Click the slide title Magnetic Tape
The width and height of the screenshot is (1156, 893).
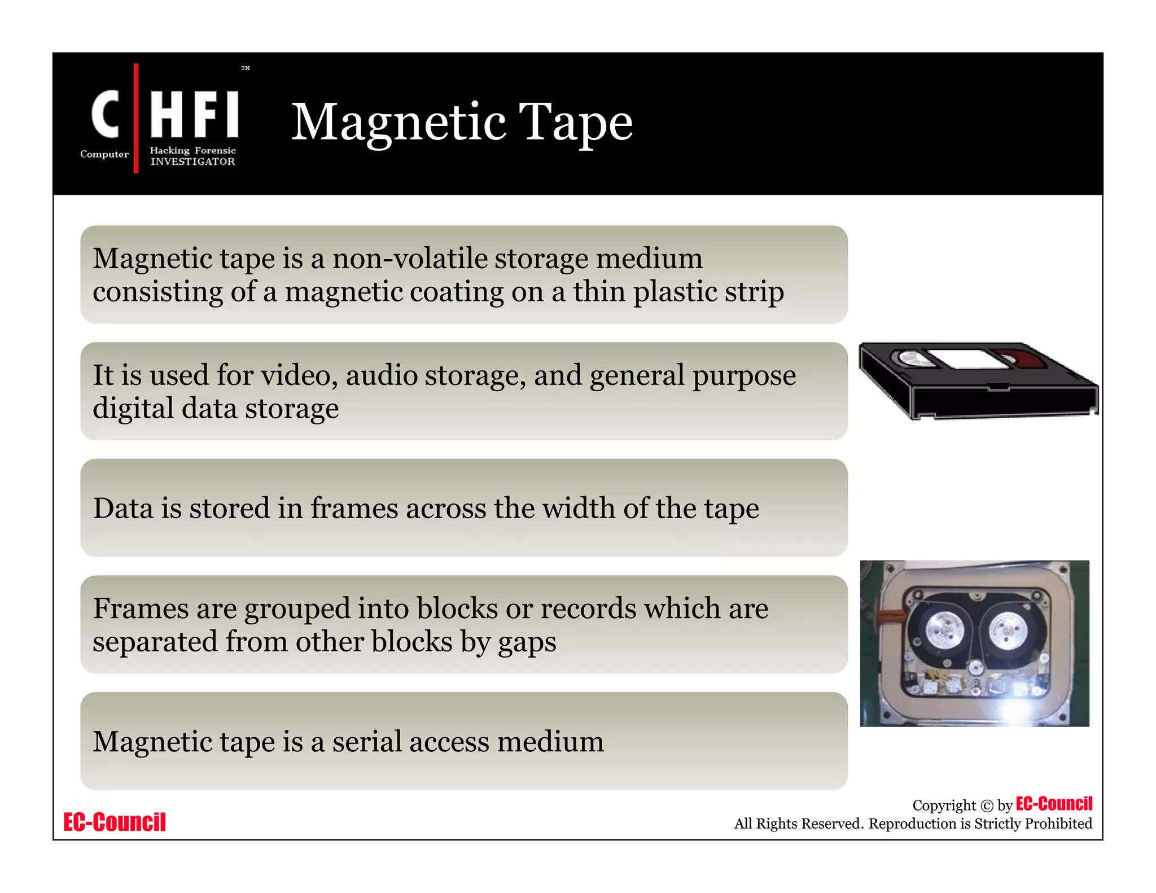[x=462, y=122]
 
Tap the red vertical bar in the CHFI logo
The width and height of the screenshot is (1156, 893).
[x=136, y=118]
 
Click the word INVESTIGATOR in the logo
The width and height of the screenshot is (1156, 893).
[x=192, y=162]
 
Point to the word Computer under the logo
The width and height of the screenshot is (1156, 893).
[x=104, y=154]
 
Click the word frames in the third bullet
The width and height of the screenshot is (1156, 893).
[x=354, y=508]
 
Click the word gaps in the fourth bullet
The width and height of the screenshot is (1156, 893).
[x=527, y=642]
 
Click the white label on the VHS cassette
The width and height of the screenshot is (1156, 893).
[x=967, y=359]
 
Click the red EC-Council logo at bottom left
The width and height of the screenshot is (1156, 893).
[x=115, y=822]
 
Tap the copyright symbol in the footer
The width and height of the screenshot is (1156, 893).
[x=987, y=806]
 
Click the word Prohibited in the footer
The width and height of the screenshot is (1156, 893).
[x=1058, y=824]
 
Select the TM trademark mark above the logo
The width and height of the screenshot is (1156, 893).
[x=246, y=68]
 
